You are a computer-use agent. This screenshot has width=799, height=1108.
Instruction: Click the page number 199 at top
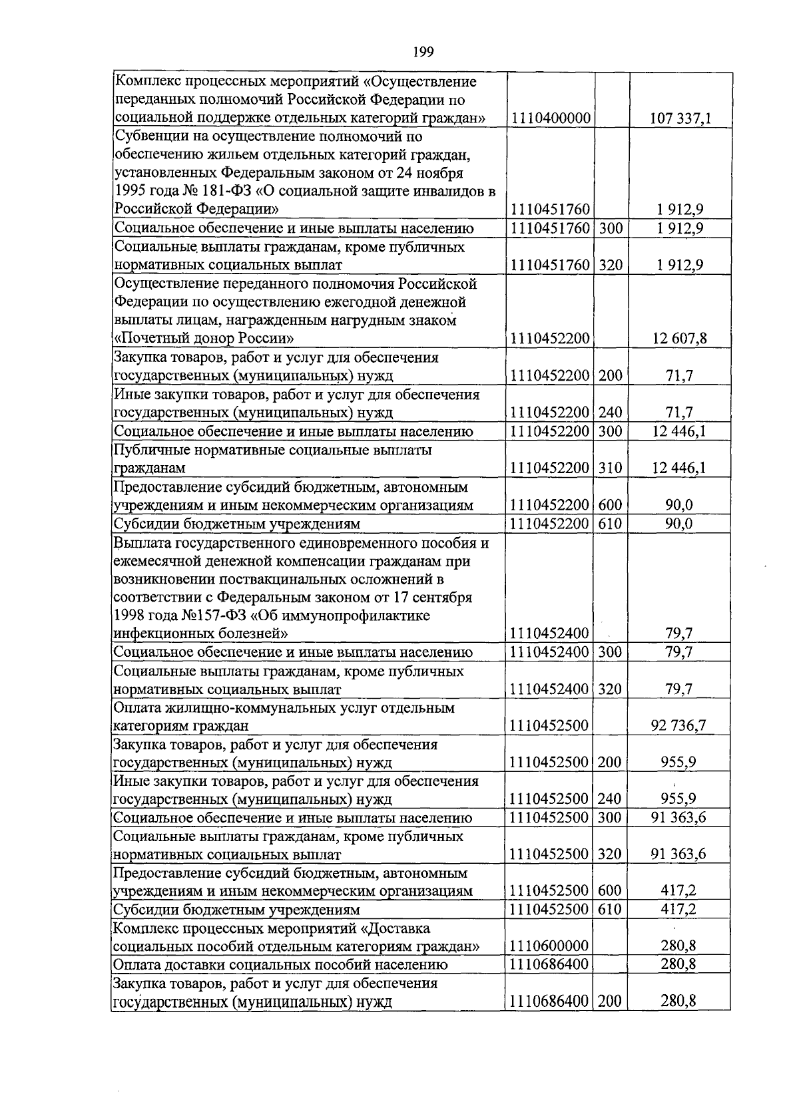tap(423, 52)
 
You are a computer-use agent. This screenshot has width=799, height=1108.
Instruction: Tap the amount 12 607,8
tap(680, 338)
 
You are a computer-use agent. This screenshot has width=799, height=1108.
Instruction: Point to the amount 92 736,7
tap(678, 725)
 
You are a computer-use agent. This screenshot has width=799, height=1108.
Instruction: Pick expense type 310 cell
tap(611, 468)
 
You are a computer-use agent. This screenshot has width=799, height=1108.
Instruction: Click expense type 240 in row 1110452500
tap(611, 799)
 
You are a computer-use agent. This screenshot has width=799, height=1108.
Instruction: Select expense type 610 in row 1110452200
tap(611, 524)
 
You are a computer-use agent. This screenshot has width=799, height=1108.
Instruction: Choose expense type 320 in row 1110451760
tap(611, 265)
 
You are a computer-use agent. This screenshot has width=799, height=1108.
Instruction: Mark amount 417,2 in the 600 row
tap(678, 890)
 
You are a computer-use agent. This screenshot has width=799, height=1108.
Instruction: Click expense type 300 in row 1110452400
tap(611, 651)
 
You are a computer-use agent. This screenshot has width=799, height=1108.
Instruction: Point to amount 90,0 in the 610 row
tap(678, 524)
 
